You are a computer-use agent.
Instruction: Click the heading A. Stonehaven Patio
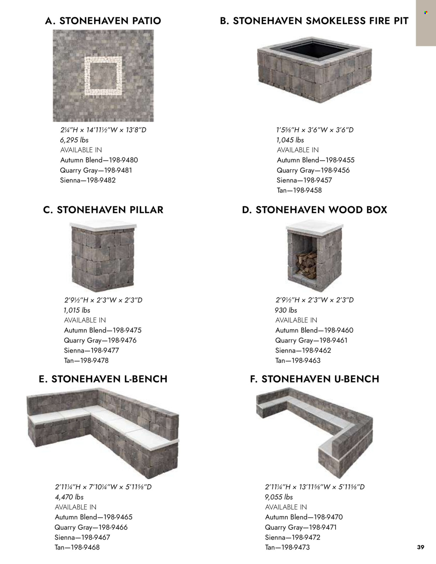103,21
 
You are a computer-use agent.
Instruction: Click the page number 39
421,547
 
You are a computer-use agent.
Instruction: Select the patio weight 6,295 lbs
74,140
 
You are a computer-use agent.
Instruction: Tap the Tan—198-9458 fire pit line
299,190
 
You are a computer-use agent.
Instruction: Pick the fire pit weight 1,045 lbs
290,140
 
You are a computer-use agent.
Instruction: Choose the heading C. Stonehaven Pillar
103,210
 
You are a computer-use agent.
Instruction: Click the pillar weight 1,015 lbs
77,310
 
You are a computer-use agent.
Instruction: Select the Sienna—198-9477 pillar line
91,350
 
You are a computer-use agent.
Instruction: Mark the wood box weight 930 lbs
286,310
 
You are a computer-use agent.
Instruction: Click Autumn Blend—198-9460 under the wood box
314,330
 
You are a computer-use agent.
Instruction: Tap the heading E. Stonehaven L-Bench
103,379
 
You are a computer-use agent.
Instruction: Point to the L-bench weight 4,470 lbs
69,497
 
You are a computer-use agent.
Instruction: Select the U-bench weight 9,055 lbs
279,497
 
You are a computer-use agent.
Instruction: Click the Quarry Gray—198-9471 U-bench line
301,527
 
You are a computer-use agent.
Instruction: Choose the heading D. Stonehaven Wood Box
314,210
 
